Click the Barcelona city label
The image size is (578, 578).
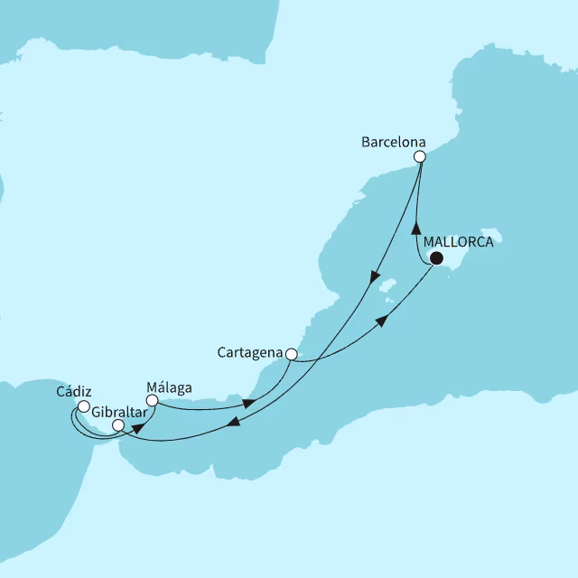click(393, 142)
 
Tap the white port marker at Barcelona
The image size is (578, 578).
click(420, 156)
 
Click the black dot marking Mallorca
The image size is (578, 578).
click(436, 258)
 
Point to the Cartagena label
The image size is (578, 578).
click(250, 352)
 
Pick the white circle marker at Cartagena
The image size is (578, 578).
click(291, 354)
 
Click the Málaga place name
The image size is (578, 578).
click(169, 387)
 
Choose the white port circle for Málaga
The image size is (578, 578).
click(152, 399)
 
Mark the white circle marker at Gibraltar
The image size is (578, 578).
click(117, 424)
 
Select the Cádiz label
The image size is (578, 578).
click(73, 393)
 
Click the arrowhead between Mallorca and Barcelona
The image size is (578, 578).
click(417, 227)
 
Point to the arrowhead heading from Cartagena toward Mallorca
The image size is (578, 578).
click(383, 322)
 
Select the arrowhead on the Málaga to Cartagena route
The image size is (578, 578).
click(247, 404)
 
